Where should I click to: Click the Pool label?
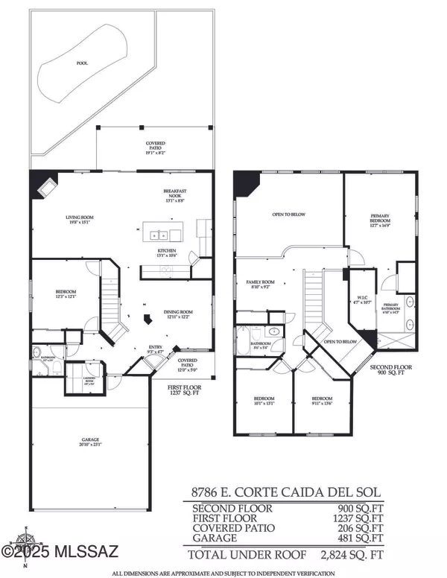point(82,63)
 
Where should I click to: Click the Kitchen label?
point(167,253)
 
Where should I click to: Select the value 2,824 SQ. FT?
point(349,554)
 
